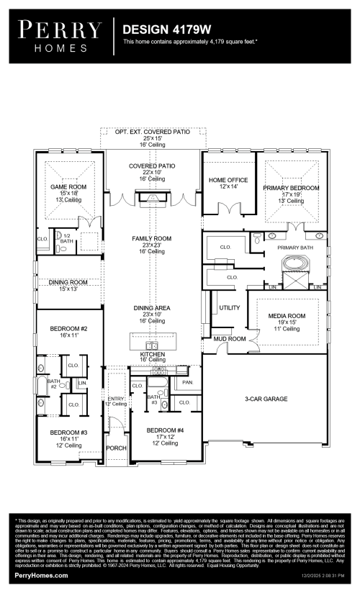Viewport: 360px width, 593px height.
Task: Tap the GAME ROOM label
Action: tap(68, 187)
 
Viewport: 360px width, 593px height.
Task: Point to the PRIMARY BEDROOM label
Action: tap(290, 187)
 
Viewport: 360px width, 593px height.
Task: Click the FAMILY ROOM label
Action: tap(152, 238)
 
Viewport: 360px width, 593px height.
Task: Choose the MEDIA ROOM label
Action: tap(287, 316)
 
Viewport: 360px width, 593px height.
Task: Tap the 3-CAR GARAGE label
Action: tap(266, 398)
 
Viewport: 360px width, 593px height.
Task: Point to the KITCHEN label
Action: tap(153, 355)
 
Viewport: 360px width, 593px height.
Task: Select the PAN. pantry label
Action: tap(188, 383)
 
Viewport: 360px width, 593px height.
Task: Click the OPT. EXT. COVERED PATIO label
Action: tap(153, 132)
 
